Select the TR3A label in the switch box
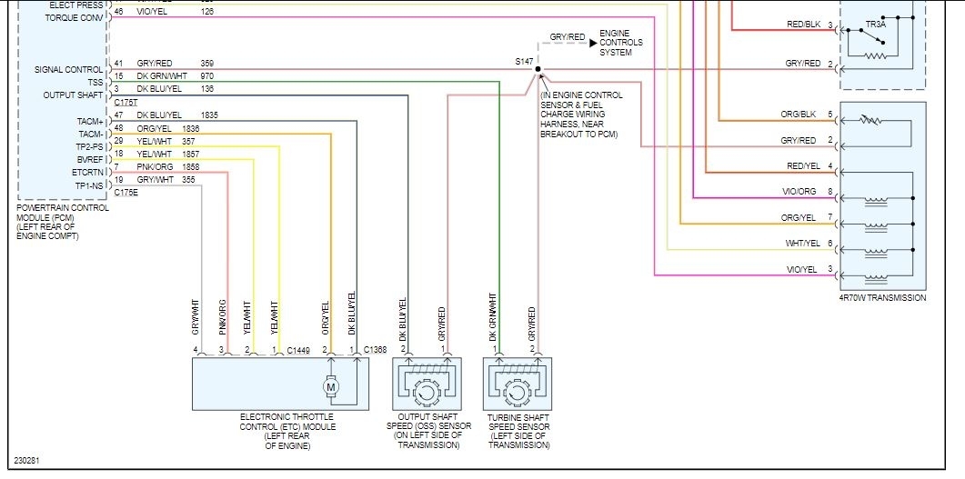(x=874, y=24)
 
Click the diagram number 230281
(x=26, y=460)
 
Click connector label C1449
(x=299, y=350)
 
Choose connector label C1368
(x=376, y=350)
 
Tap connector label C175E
(x=126, y=193)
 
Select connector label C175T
(x=126, y=103)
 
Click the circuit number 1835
(x=209, y=115)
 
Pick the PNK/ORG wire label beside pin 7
(x=155, y=167)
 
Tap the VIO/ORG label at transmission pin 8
(x=800, y=192)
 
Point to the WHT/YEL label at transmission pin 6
(x=800, y=244)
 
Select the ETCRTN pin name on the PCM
(x=87, y=172)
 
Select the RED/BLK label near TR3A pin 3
(x=803, y=25)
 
